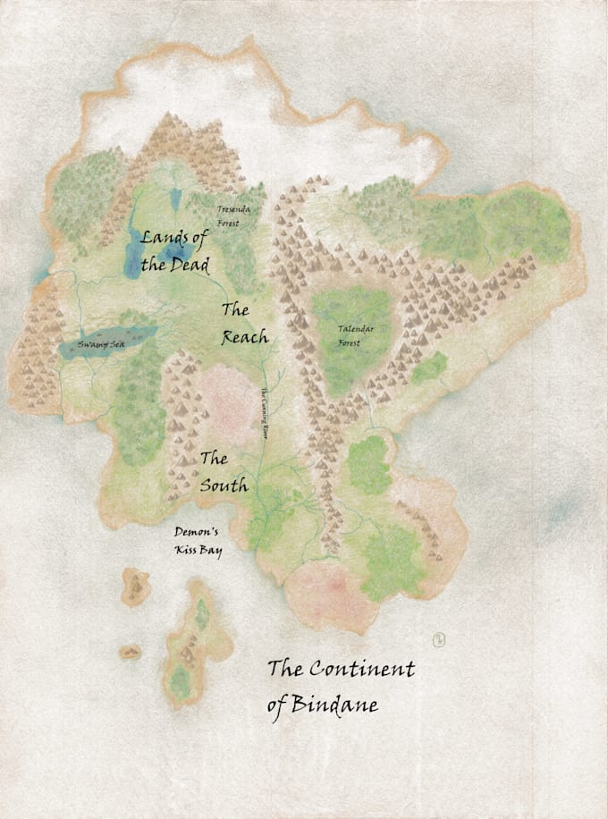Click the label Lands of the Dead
click(x=175, y=251)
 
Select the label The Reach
click(x=244, y=324)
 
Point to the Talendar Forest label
click(x=355, y=334)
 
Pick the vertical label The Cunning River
click(x=264, y=412)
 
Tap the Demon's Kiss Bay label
click(x=198, y=542)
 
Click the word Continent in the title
click(x=362, y=668)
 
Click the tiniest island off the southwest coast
click(x=131, y=652)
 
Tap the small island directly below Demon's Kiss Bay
click(x=135, y=586)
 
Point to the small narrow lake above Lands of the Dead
click(x=174, y=198)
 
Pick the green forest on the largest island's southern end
click(x=182, y=684)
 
